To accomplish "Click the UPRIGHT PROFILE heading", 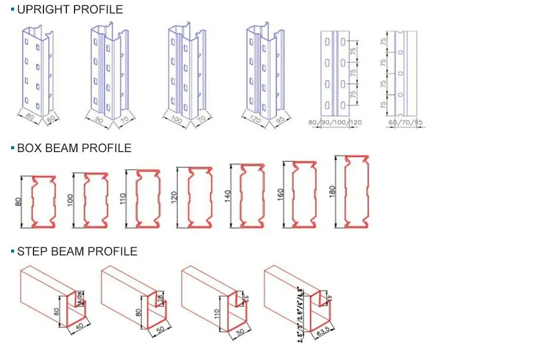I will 70,9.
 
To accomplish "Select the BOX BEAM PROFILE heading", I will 74,148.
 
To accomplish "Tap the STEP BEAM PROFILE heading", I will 77,251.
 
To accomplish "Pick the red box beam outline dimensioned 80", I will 43,201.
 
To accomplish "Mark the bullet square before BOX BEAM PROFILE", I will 12,149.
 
